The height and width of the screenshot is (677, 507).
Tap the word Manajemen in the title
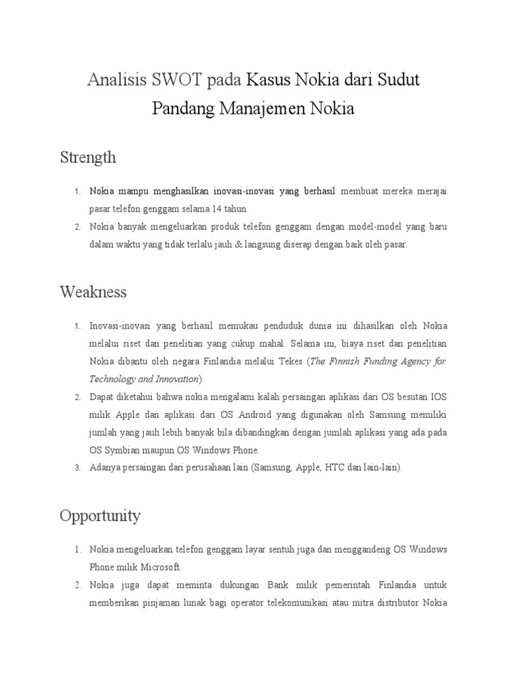(262, 108)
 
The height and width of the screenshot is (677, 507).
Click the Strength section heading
(88, 157)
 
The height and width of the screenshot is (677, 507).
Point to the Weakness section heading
(93, 292)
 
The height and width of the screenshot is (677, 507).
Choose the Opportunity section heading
(100, 515)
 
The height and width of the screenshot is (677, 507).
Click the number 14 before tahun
(219, 209)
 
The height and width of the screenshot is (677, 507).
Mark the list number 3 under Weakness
(77, 468)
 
